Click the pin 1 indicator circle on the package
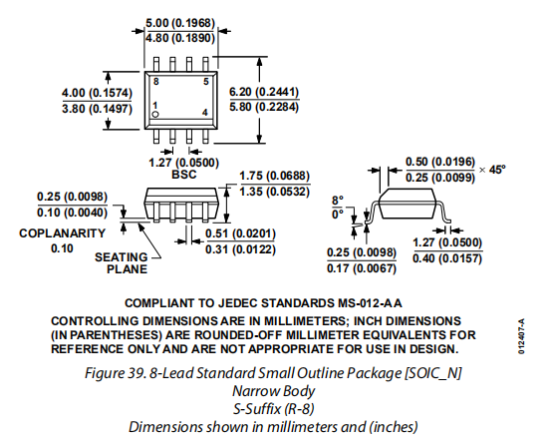[155, 115]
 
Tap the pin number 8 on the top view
[156, 82]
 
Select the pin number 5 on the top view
[206, 82]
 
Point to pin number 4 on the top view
[205, 112]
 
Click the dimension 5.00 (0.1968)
[180, 23]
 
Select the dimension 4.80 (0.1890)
[180, 38]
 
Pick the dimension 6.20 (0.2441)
[264, 92]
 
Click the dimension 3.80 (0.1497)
[97, 109]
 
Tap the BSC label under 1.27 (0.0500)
[183, 175]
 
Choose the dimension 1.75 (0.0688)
[275, 176]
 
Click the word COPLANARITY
[63, 233]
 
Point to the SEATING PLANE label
[122, 263]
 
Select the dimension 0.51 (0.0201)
[240, 233]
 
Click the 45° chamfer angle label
[497, 170]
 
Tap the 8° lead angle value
[338, 201]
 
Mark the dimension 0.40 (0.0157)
[447, 258]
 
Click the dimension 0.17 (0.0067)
[362, 268]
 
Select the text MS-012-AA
[370, 303]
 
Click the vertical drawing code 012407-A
[521, 336]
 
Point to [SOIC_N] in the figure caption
[433, 373]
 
